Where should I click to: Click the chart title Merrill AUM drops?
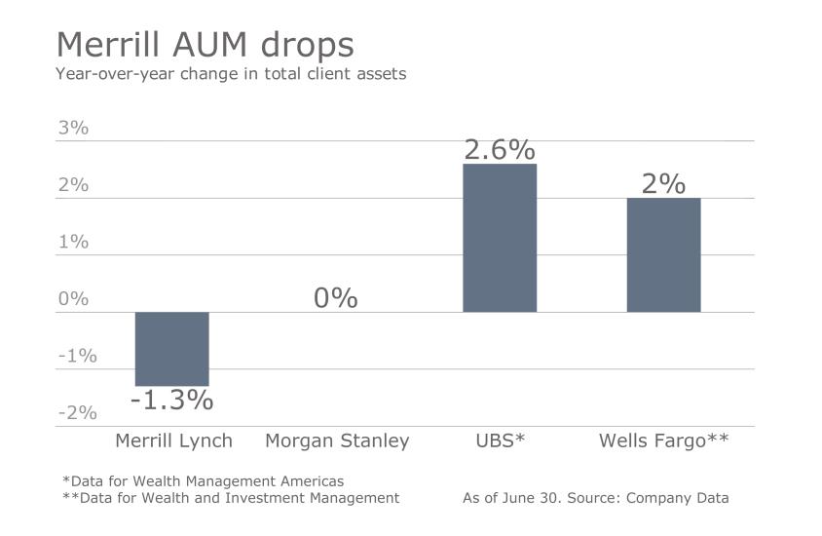point(205,45)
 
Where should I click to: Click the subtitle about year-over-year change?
point(231,74)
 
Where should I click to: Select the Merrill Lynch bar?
point(171,349)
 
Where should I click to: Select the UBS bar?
point(500,238)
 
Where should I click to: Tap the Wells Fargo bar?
point(663,254)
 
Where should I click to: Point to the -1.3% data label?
point(171,400)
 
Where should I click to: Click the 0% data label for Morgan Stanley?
point(336,298)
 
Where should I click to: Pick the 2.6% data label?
point(500,150)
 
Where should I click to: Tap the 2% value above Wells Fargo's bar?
point(663,183)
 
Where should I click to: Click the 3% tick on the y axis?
point(73,129)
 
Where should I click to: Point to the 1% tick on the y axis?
point(73,242)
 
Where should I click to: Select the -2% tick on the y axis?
point(77,413)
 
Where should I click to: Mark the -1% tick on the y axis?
point(77,356)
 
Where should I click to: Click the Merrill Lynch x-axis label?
point(173,440)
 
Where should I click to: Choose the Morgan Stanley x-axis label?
point(337,440)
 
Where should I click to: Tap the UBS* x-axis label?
point(500,440)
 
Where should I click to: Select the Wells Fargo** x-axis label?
point(663,440)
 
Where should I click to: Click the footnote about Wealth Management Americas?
point(202,481)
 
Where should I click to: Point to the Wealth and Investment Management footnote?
point(230,498)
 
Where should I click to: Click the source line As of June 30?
point(595,498)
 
